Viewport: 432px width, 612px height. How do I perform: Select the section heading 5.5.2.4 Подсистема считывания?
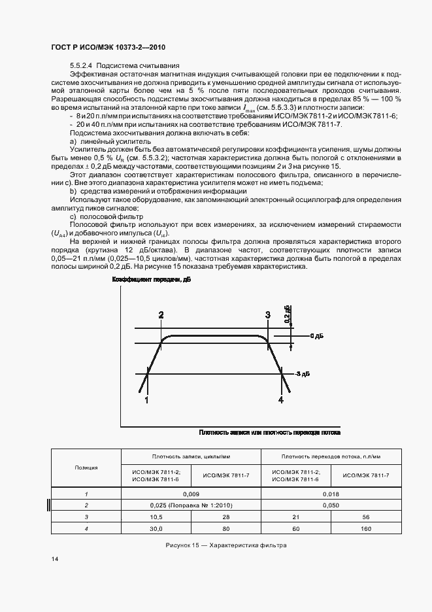123,66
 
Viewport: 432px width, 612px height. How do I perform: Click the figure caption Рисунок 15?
227,545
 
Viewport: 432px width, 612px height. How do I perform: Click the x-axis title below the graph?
269,432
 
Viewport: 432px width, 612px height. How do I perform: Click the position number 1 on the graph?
146,399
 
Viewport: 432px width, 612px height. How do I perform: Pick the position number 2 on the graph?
161,315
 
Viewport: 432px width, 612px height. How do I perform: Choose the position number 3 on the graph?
267,315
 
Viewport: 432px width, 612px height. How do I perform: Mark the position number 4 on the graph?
281,399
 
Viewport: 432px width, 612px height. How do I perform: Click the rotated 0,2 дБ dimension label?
287,314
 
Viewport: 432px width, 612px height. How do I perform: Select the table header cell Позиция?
87,467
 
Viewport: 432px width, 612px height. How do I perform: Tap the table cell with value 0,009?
191,494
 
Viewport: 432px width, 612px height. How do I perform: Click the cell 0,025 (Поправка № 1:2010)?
191,505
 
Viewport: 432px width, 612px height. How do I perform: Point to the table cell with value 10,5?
156,517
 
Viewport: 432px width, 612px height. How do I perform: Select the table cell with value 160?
366,528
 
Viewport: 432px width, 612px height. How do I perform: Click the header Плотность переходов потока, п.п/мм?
331,456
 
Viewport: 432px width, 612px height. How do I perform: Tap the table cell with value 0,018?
331,494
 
